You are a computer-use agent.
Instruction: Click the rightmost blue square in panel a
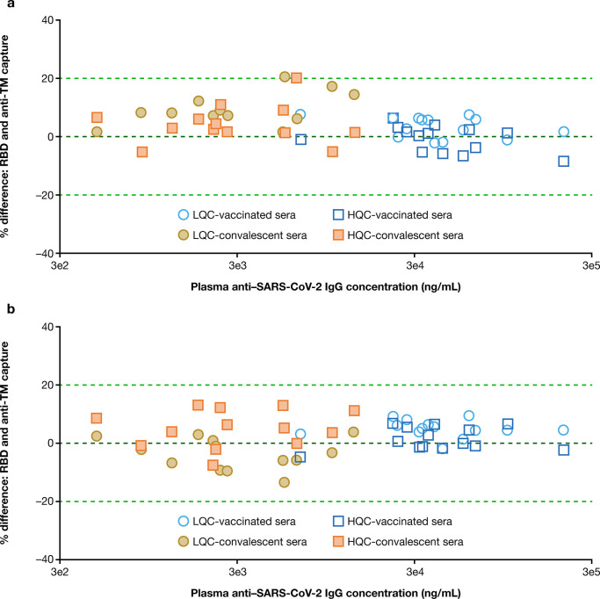click(564, 162)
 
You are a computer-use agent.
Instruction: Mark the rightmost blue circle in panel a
click(564, 132)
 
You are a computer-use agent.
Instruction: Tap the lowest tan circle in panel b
click(284, 482)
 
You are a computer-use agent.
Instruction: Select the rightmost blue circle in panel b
click(564, 430)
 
